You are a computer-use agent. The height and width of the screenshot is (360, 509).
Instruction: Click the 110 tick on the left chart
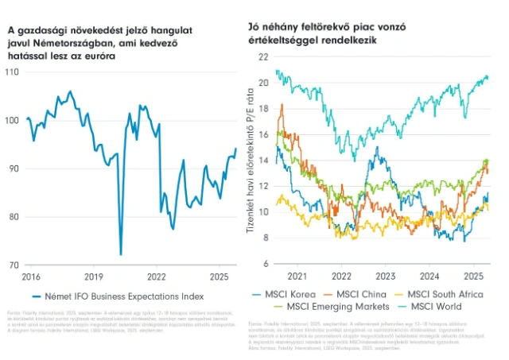tap(13, 72)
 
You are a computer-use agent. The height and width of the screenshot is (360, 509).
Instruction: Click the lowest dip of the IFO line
tap(121, 254)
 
